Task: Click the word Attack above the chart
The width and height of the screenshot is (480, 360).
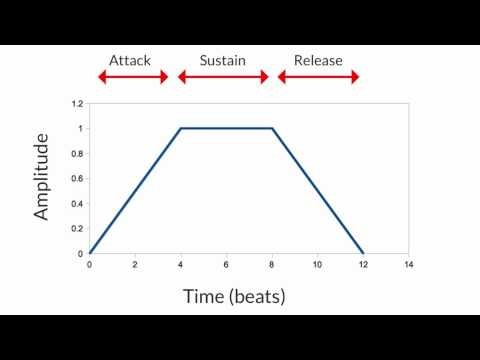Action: [x=131, y=61]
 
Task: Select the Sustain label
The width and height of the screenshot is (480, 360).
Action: [x=222, y=61]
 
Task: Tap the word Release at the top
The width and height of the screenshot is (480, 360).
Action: [x=318, y=61]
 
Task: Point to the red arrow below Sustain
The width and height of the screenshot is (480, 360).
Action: [x=223, y=77]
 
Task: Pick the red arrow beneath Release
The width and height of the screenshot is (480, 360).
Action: [x=318, y=77]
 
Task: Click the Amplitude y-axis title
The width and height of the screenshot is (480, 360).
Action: [x=42, y=179]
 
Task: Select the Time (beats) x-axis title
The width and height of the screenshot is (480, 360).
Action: [x=235, y=296]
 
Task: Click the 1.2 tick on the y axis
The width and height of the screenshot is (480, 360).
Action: [x=78, y=103]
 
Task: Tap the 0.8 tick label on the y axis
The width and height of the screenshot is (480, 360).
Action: [x=78, y=153]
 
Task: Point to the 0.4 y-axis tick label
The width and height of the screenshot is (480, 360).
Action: [x=78, y=203]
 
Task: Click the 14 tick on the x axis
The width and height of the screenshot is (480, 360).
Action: [x=409, y=265]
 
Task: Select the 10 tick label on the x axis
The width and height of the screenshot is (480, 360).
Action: [x=317, y=265]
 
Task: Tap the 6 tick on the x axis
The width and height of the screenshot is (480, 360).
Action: [x=226, y=265]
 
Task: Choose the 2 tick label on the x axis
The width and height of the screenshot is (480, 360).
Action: [x=135, y=265]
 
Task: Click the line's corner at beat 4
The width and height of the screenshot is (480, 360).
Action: [x=181, y=128]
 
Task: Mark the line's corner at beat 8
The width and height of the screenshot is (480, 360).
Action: [x=272, y=128]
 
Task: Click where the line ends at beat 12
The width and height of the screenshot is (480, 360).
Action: [x=363, y=253]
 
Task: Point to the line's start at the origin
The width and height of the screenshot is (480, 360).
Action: [x=90, y=253]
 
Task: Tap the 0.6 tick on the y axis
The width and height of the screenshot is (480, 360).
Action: [x=78, y=178]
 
